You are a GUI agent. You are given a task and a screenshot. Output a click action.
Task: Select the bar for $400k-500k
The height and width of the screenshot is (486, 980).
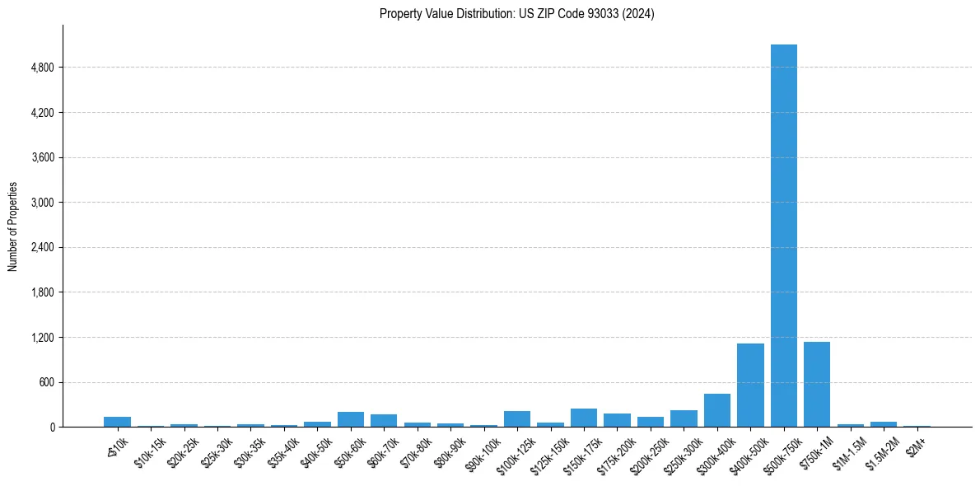[750, 386]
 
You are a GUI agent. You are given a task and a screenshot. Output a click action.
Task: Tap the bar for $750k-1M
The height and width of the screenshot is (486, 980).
[817, 385]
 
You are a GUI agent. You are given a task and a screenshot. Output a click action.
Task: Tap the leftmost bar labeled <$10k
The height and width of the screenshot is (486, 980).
[117, 422]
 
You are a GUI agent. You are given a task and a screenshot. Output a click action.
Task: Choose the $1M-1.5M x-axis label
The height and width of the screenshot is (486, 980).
[848, 449]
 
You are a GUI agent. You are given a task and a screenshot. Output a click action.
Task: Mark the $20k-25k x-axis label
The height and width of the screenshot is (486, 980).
[182, 450]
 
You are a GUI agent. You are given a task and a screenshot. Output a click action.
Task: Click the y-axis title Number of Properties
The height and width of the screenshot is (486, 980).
[12, 227]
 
